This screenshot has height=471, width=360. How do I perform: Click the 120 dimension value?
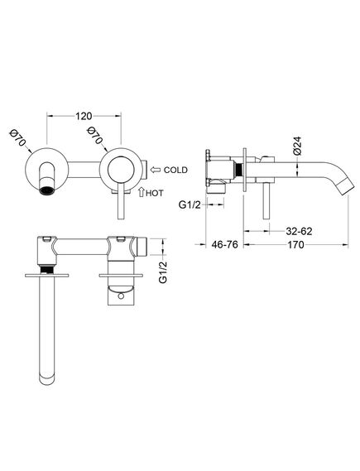tap(84, 116)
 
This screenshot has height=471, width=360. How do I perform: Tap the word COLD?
tap(175, 170)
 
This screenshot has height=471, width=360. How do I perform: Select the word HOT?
tap(155, 193)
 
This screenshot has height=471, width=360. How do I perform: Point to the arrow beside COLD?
tap(156, 170)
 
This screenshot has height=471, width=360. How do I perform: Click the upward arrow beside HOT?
tap(142, 192)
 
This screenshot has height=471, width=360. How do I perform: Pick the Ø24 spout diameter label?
tap(296, 146)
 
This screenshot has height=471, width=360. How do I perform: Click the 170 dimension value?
tap(295, 245)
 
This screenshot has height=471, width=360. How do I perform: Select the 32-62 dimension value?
tap(299, 231)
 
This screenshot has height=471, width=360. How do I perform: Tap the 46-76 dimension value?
tap(224, 245)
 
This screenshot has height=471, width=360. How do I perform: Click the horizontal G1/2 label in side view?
tap(190, 204)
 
